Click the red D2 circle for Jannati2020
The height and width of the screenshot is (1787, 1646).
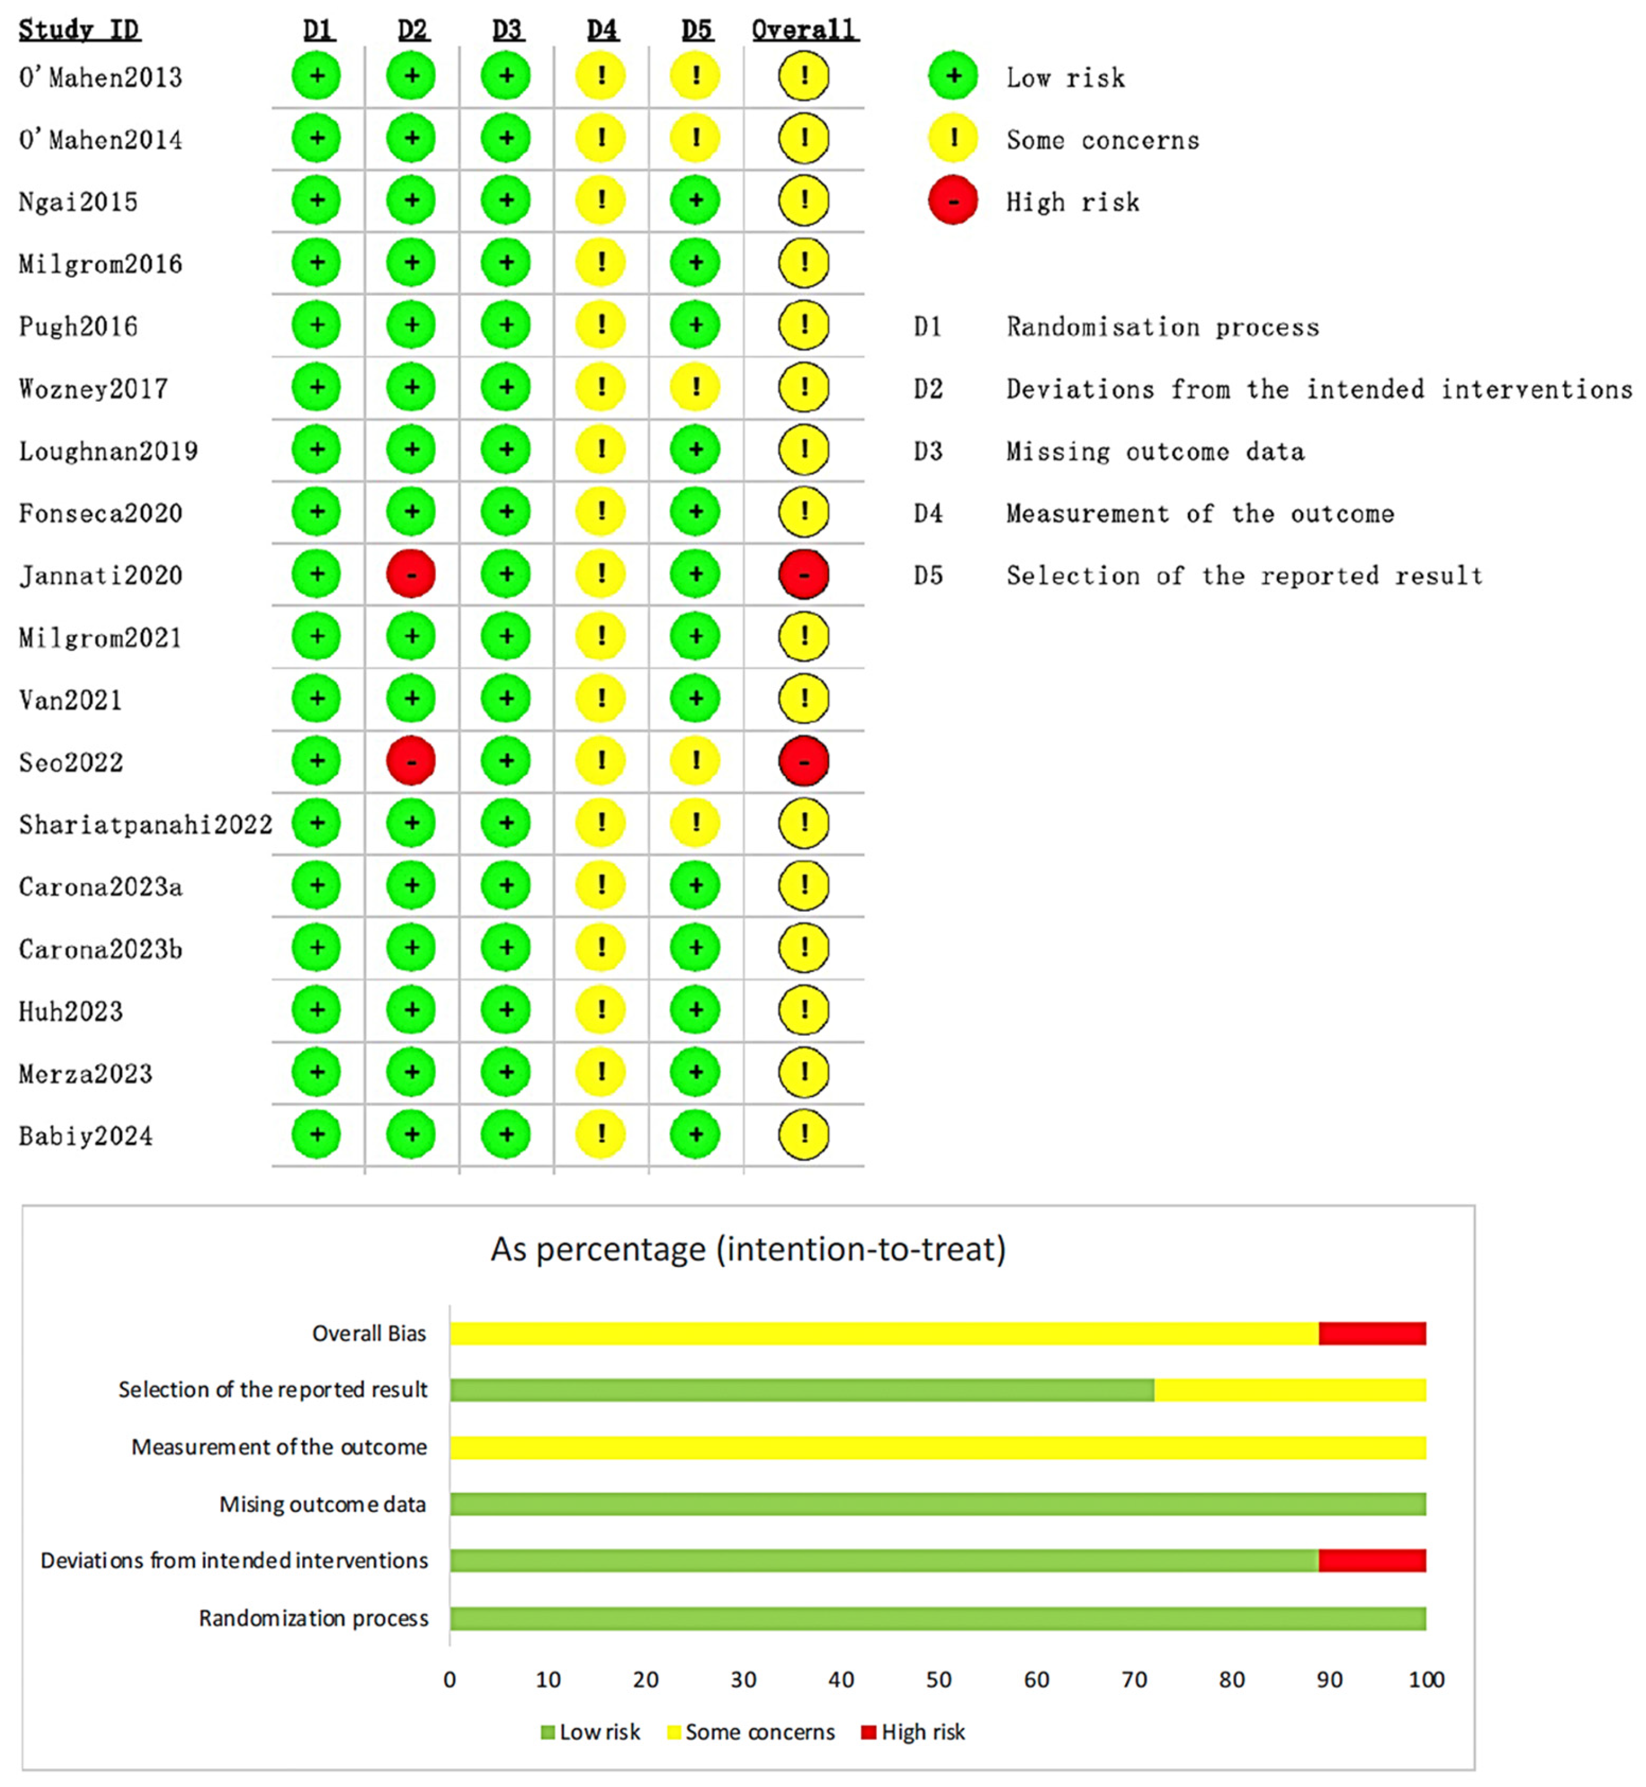pos(410,574)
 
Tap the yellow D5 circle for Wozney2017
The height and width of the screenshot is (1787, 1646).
pos(696,387)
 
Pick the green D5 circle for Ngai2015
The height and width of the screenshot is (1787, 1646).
pos(696,200)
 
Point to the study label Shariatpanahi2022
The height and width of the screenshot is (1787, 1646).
pos(145,824)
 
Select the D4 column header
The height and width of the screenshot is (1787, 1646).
pos(602,30)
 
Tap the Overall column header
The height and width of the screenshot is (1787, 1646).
pos(803,30)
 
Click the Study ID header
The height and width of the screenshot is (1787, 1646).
pos(79,30)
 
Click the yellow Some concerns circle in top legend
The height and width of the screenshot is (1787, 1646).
pos(952,139)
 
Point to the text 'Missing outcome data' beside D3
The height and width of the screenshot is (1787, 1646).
pos(1155,451)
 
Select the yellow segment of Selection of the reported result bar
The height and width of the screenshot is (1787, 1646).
pos(1290,1390)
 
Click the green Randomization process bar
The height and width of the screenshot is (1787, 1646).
pos(937,1618)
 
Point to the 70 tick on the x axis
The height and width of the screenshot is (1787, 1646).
pos(1134,1680)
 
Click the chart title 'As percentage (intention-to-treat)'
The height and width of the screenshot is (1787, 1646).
pos(748,1249)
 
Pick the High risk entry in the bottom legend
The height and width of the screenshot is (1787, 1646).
pos(914,1732)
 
